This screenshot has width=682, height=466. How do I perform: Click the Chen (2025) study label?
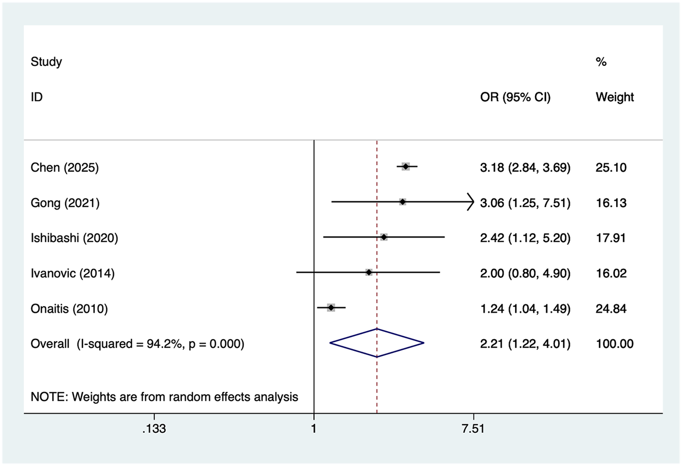(x=64, y=168)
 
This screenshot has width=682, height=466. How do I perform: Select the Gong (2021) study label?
(x=65, y=203)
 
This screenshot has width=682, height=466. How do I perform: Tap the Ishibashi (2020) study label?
(x=74, y=238)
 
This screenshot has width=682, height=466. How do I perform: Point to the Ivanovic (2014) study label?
(x=73, y=273)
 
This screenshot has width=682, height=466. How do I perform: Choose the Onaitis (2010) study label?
(x=69, y=309)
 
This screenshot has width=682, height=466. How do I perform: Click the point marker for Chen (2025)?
(x=406, y=167)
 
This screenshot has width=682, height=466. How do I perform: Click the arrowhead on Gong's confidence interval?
(x=471, y=201)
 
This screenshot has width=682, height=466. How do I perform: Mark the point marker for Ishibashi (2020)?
(x=384, y=237)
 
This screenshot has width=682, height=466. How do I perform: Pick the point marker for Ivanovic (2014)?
(x=369, y=272)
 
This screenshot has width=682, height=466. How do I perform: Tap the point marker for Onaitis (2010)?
(x=331, y=308)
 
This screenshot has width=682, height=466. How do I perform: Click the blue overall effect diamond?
(x=377, y=343)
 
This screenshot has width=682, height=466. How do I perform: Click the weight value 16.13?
(x=611, y=203)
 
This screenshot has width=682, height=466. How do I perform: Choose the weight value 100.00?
(x=614, y=344)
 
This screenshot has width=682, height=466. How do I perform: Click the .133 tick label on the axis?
(x=154, y=428)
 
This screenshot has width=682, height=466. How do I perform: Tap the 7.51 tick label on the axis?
(x=473, y=428)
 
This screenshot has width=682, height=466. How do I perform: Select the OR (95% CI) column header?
(x=515, y=97)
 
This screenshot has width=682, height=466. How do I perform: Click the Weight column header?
(x=614, y=97)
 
